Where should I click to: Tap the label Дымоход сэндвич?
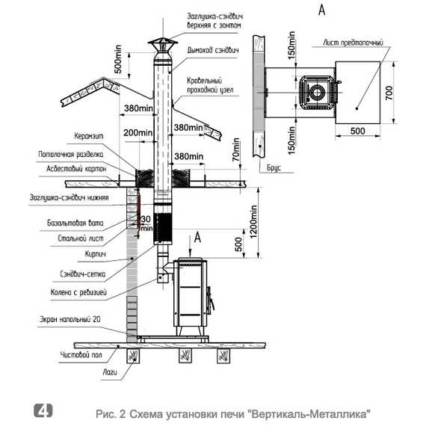(x=213, y=51)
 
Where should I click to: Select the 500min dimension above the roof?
(x=118, y=59)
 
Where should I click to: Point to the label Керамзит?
(x=89, y=136)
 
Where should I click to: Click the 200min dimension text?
(x=138, y=132)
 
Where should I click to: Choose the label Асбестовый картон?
(x=76, y=169)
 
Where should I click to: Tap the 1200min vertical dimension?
(x=253, y=222)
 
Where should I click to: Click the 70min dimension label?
(x=236, y=149)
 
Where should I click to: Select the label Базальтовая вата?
(x=75, y=223)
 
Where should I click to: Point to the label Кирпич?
(x=96, y=254)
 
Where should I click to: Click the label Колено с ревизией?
(x=78, y=292)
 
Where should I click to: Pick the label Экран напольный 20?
(x=70, y=319)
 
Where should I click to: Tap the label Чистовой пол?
(x=81, y=355)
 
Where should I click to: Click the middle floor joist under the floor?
(x=185, y=356)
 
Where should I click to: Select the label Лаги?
(x=110, y=372)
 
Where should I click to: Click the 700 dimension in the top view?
(x=389, y=93)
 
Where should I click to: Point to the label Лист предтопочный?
(x=353, y=43)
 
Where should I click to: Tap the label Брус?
(x=274, y=168)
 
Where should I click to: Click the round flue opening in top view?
(x=317, y=93)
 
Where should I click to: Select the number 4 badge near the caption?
(x=43, y=411)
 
